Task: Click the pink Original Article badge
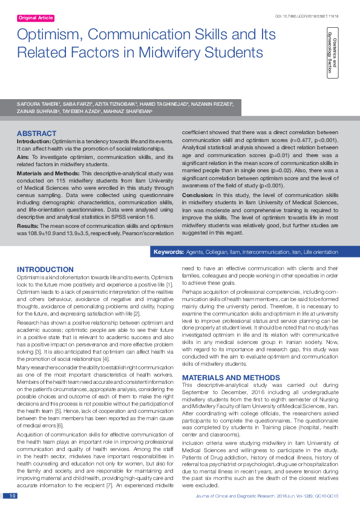tap(36, 18)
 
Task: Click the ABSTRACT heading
tap(36, 133)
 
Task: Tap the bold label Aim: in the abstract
tap(24, 157)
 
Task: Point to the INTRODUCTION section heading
tap(45, 269)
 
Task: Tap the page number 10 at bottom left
tap(12, 496)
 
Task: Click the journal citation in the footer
tap(276, 496)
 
